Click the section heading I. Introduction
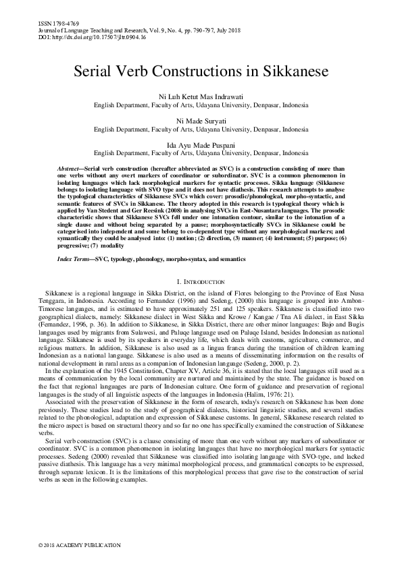[201, 281]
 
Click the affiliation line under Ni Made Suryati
[201, 129]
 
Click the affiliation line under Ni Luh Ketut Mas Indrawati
[201, 106]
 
